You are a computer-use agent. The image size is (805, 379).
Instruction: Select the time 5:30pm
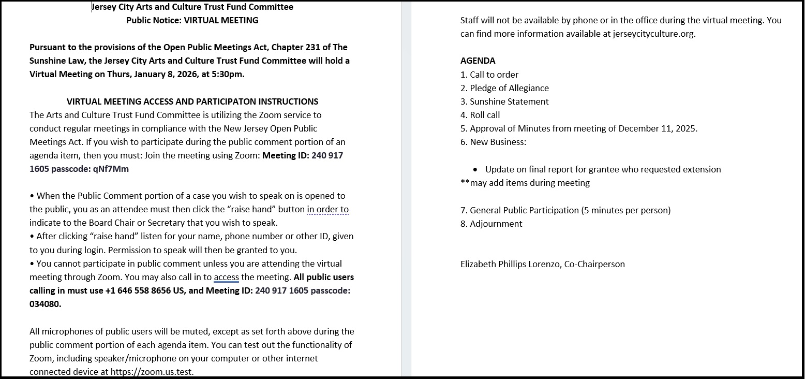click(x=228, y=74)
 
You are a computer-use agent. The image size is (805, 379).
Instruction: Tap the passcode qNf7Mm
click(x=111, y=169)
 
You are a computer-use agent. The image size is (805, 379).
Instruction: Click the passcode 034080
click(x=45, y=304)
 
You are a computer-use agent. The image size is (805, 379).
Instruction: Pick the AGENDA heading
click(x=478, y=61)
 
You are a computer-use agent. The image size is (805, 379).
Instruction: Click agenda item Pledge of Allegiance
click(x=509, y=88)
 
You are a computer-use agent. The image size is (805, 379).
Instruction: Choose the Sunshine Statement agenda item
click(x=509, y=101)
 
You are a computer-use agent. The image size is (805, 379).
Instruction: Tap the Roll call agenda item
click(x=485, y=115)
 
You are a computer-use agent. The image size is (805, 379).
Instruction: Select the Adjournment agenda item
click(x=496, y=224)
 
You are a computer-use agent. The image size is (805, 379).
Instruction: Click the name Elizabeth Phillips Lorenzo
click(x=510, y=264)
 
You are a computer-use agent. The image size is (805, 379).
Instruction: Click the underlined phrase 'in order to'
click(x=327, y=210)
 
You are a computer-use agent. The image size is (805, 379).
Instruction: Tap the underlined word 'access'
click(x=226, y=278)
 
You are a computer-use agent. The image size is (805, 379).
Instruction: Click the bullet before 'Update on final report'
click(x=475, y=170)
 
